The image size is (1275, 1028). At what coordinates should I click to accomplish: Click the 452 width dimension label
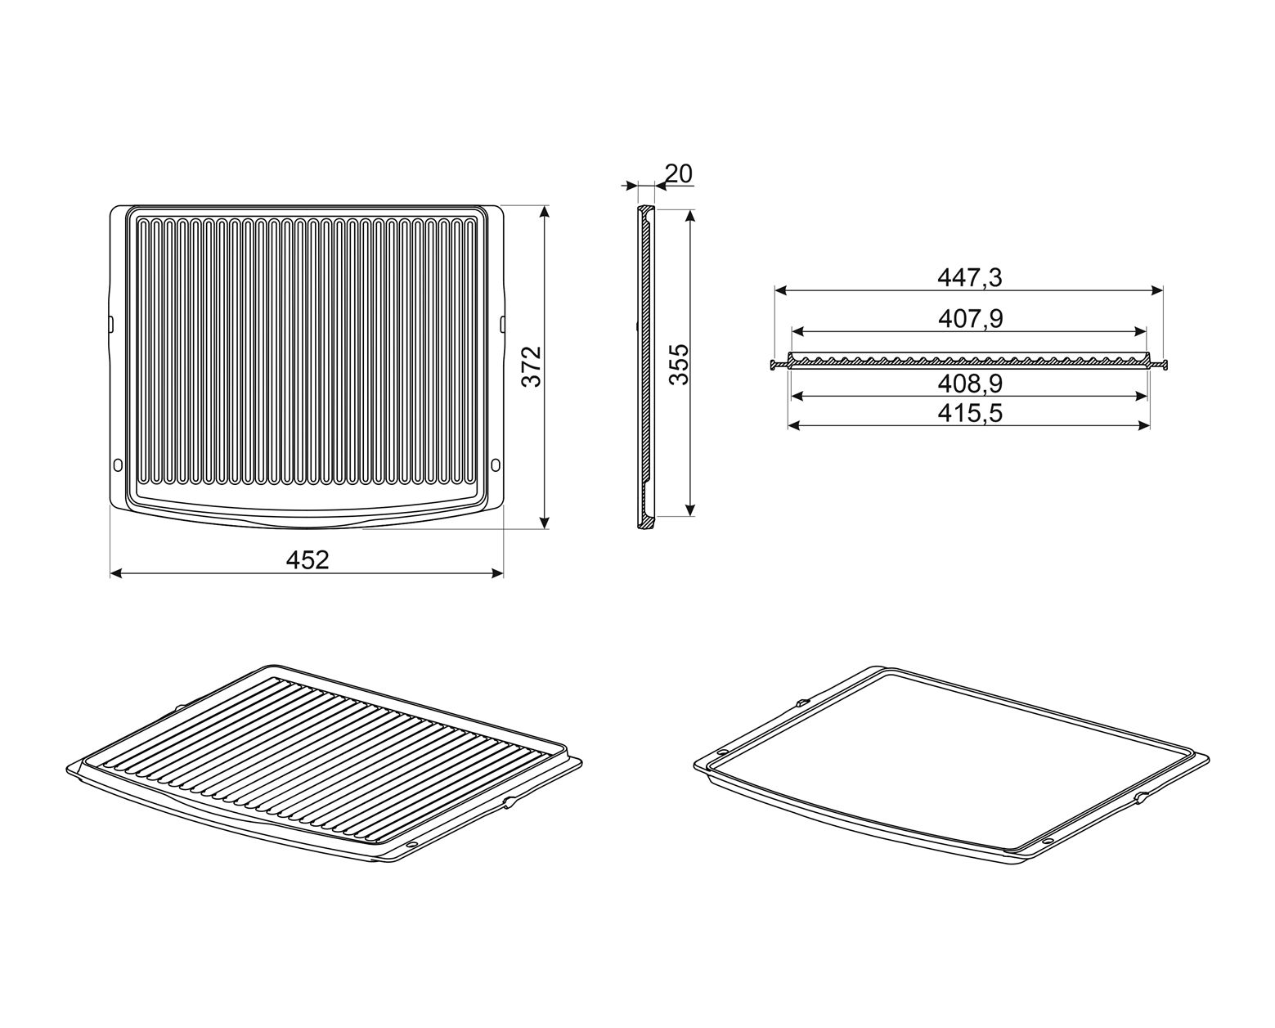pyautogui.click(x=307, y=559)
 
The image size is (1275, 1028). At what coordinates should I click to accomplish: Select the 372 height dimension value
pyautogui.click(x=532, y=366)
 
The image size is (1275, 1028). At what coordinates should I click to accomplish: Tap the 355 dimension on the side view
pyautogui.click(x=679, y=365)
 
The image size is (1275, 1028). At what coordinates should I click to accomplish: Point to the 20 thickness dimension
pyautogui.click(x=678, y=173)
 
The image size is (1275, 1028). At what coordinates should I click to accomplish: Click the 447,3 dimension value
pyautogui.click(x=969, y=277)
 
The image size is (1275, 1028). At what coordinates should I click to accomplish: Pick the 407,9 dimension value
pyautogui.click(x=971, y=319)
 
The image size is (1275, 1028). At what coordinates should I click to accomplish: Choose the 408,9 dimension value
pyautogui.click(x=970, y=384)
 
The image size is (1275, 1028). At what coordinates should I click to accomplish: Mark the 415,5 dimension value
pyautogui.click(x=970, y=413)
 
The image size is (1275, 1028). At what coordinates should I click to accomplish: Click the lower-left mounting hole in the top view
pyautogui.click(x=117, y=464)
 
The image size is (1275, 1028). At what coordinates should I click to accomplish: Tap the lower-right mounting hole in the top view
pyautogui.click(x=496, y=464)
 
